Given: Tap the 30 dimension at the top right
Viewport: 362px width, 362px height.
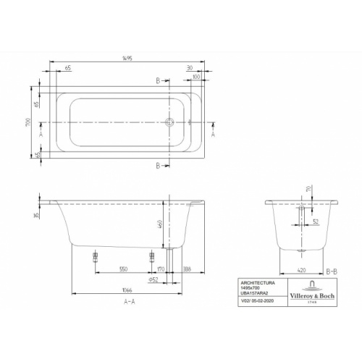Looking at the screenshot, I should (189, 67).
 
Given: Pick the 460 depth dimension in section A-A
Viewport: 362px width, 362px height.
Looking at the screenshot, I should (168, 224).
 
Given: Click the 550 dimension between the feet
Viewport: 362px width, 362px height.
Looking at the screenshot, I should (123, 269).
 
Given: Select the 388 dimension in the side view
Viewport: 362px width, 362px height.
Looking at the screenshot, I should (187, 269).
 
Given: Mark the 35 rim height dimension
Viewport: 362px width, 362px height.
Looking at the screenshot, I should (36, 215).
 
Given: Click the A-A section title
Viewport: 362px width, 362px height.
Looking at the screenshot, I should (127, 301).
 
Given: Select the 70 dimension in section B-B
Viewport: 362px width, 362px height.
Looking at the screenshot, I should (311, 190).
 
